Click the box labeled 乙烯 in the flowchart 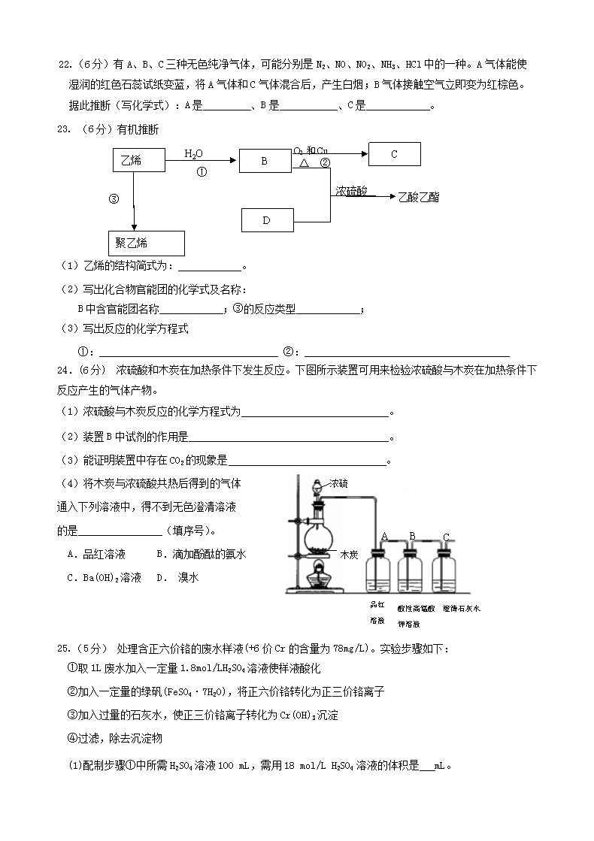coord(136,160)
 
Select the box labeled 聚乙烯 coord(147,244)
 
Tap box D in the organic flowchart coord(267,220)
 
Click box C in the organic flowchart coord(394,154)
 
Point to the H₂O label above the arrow coord(194,154)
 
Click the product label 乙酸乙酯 coord(419,197)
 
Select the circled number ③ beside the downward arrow coord(114,199)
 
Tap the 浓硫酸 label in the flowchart coord(351,192)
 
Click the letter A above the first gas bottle coord(384,536)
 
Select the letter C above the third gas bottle coord(446,537)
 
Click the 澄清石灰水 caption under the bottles coord(462,607)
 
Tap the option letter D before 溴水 coord(160,577)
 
